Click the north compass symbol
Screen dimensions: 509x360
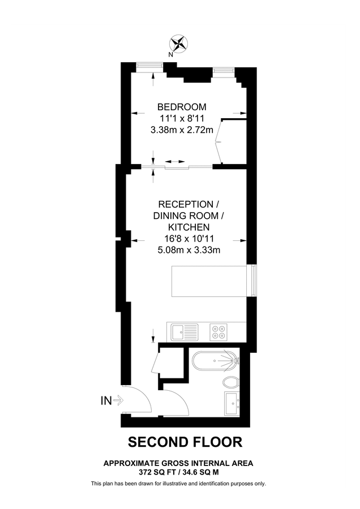pyautogui.click(x=179, y=44)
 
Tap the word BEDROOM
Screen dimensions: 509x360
pyautogui.click(x=182, y=107)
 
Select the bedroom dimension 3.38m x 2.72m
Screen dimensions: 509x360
pyautogui.click(x=182, y=130)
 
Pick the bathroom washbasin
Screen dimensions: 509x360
pyautogui.click(x=232, y=402)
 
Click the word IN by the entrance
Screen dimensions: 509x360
pyautogui.click(x=106, y=401)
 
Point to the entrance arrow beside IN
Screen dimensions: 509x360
pyautogui.click(x=118, y=401)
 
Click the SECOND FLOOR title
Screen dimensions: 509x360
pyautogui.click(x=185, y=441)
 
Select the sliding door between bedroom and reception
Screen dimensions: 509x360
pyautogui.click(x=175, y=166)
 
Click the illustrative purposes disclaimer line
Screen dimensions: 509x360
pyautogui.click(x=178, y=484)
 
